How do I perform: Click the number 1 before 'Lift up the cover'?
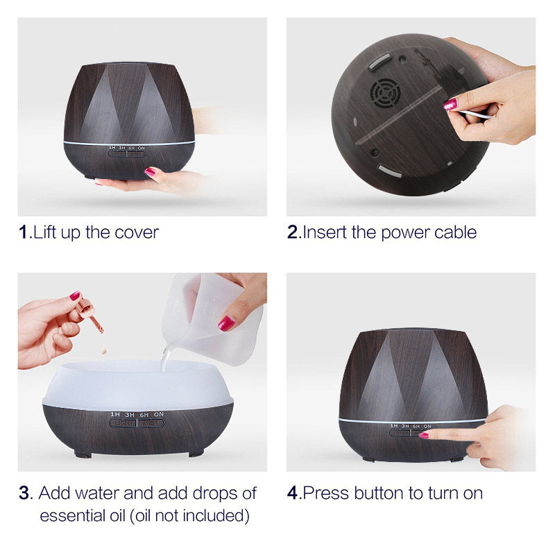tap(24, 232)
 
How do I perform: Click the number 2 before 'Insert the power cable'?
tap(292, 232)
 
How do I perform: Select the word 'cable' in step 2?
tap(455, 232)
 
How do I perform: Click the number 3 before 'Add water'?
tap(25, 493)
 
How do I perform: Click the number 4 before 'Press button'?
tap(292, 493)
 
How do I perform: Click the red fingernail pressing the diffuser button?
tap(423, 435)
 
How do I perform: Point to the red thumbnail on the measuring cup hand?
tap(226, 323)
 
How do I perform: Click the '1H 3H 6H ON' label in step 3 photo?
tap(137, 414)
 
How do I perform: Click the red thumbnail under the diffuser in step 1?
tap(150, 171)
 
